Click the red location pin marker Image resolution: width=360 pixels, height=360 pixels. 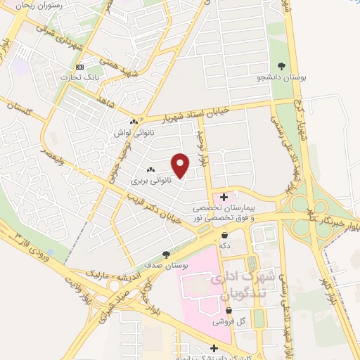tap(181, 165)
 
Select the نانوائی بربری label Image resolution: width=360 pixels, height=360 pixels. tap(150, 181)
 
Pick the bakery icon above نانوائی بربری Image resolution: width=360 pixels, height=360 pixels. tap(150, 170)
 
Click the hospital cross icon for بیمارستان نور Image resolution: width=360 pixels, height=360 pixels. tap(224, 197)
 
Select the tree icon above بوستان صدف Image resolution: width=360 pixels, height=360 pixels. tap(166, 254)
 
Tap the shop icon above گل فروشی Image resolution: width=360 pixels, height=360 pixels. tap(229, 310)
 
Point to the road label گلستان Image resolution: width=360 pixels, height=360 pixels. tap(19, 108)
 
